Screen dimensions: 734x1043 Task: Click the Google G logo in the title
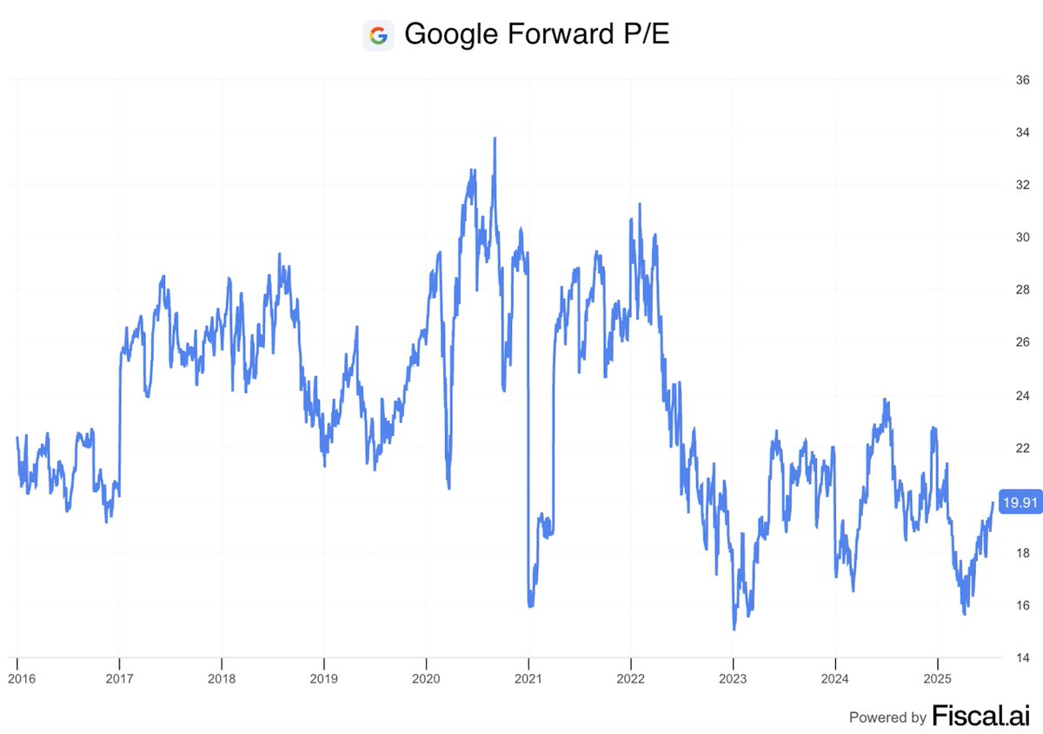pos(378,36)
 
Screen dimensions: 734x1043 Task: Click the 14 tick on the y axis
pos(1013,658)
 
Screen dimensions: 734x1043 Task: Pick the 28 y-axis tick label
pos(1013,290)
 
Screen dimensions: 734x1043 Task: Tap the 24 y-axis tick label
pos(1013,395)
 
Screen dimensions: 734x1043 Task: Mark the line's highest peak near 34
pos(495,138)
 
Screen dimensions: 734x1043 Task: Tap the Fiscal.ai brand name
pos(981,716)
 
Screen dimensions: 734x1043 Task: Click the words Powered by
pos(887,717)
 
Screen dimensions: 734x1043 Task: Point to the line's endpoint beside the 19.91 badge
pos(993,502)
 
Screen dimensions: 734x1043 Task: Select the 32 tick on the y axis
pos(1013,185)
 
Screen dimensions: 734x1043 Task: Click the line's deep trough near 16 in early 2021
pos(530,605)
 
